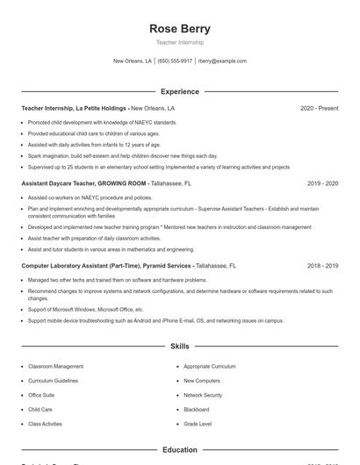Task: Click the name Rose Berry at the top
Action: coord(180,28)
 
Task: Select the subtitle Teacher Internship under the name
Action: coord(180,42)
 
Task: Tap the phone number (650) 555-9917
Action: coord(175,61)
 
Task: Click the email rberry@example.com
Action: coord(222,61)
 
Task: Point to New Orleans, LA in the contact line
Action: coord(133,61)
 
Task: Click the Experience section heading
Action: coord(180,91)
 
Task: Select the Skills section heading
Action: coord(180,347)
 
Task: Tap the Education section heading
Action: coord(180,449)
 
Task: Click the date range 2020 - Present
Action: coord(319,108)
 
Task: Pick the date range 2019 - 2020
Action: coord(322,183)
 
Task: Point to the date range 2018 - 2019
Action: coord(322,265)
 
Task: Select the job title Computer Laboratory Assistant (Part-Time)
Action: coord(81,265)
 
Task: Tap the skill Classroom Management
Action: coord(56,366)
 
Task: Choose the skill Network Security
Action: coord(203,395)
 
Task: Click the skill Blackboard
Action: coord(197,409)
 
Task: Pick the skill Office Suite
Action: coord(41,395)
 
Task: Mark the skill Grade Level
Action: coord(198,424)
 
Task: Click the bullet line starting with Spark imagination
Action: coord(123,155)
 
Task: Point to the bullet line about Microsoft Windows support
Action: coord(86,310)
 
